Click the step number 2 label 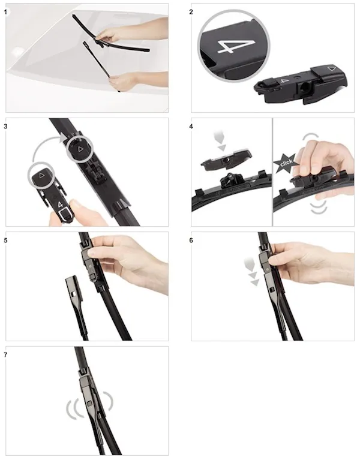191,12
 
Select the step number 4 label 191,127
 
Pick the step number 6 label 191,240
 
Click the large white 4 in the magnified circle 235,47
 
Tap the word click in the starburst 286,163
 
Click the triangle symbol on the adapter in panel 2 332,69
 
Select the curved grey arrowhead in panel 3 64,138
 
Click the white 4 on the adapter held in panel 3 60,205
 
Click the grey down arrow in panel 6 253,271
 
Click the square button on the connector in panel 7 89,404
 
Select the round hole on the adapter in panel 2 304,87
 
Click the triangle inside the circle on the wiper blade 80,149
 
